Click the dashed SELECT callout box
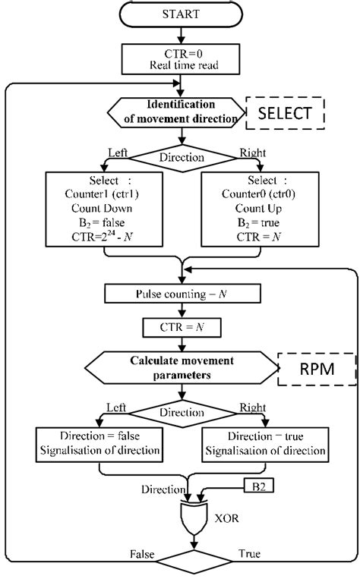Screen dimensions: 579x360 (286, 115)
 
